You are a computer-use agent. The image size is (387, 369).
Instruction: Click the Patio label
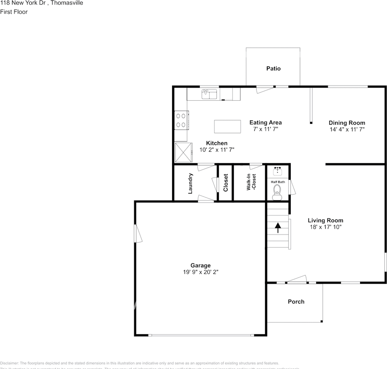coord(273,68)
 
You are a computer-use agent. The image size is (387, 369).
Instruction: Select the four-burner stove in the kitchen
coord(181,120)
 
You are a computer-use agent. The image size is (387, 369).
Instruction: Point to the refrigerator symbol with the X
coord(183,152)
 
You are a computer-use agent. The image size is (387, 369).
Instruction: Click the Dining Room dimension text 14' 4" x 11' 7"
coord(347,130)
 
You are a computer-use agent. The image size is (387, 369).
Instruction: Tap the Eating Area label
coord(265,123)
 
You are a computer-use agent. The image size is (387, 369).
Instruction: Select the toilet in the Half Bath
coord(277,191)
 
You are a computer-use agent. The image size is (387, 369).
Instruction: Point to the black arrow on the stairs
coord(278,228)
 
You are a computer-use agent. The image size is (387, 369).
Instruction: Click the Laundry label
coord(190,183)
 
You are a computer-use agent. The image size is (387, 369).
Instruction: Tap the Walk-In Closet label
coord(251,182)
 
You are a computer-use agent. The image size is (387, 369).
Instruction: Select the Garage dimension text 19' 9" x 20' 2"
coord(200,272)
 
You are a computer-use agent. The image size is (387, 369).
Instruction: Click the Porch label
coord(296,302)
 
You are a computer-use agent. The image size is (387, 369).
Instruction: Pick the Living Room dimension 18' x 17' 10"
coord(325,227)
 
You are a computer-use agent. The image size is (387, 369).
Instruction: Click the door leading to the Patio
coord(266,89)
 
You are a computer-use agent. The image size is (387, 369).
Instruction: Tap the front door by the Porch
coord(298,279)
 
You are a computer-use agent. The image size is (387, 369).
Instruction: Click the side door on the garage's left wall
coord(137,234)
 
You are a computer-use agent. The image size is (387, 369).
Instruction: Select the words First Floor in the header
coord(14,12)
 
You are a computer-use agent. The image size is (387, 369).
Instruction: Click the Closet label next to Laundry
coord(226,183)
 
